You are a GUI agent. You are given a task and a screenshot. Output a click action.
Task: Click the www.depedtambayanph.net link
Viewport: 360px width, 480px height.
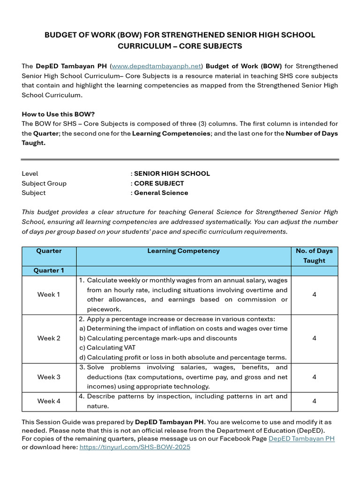(x=157, y=66)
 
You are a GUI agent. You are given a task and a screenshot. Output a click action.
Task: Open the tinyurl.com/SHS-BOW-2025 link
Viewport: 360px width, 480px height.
(x=135, y=447)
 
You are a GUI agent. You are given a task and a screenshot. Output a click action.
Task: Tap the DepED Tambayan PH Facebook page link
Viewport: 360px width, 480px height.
(x=301, y=438)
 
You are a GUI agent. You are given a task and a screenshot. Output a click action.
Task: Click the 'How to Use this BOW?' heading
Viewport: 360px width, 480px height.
(x=58, y=114)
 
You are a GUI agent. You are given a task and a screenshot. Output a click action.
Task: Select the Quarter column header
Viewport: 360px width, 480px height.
(x=49, y=251)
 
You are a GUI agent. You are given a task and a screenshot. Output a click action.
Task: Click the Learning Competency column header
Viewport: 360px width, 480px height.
(x=183, y=251)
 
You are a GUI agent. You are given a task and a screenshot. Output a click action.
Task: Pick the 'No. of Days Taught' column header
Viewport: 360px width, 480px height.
(x=314, y=255)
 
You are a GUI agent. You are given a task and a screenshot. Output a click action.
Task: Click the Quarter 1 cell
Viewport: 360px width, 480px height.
(x=49, y=270)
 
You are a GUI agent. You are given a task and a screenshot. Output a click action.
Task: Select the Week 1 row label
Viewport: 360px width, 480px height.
(x=49, y=294)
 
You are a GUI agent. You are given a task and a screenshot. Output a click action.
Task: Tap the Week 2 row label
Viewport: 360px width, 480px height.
(x=49, y=338)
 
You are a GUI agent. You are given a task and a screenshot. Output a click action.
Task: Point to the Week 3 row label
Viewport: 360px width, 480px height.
(x=49, y=377)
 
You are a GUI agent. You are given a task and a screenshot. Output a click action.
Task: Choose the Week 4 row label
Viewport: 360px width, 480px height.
(x=49, y=401)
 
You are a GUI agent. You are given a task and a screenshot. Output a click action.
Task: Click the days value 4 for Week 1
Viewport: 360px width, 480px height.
(x=314, y=294)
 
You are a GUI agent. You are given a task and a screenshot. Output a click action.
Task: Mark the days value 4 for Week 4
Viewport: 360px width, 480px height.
(x=314, y=401)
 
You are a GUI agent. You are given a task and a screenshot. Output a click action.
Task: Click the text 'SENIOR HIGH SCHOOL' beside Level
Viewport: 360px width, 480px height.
(x=172, y=173)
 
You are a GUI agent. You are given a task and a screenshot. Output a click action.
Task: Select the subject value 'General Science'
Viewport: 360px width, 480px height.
(x=161, y=193)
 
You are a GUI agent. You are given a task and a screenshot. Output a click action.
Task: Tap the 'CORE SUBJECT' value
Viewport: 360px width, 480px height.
(x=159, y=183)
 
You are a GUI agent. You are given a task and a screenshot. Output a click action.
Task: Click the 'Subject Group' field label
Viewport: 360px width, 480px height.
(x=44, y=183)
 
